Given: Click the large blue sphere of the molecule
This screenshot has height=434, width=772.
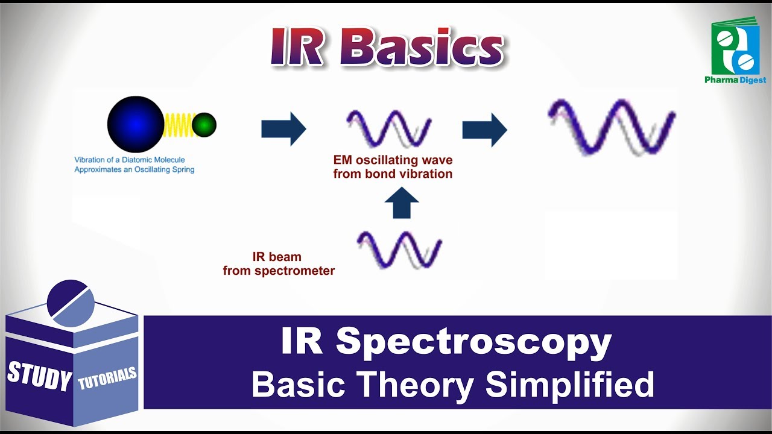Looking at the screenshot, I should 136,124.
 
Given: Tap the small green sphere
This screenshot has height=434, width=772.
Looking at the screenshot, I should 204,125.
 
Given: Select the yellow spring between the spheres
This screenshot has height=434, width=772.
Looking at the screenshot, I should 177,125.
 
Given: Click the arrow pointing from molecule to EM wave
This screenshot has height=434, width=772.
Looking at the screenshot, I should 283,129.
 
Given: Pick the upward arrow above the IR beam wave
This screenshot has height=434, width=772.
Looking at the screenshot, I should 401,203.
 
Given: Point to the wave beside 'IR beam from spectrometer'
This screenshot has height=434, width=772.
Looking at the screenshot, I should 399,249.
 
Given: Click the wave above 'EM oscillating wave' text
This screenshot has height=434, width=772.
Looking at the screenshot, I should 389,128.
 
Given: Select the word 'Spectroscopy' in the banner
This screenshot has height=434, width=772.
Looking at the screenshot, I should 473,342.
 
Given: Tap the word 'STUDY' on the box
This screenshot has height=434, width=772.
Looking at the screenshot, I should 39,376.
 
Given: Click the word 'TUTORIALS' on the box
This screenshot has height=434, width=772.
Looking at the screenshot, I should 107,378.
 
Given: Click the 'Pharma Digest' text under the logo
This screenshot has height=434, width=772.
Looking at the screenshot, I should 735,80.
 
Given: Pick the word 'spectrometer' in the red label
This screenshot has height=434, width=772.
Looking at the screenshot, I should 294,271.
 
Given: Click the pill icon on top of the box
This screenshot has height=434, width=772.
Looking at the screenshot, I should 71,300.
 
